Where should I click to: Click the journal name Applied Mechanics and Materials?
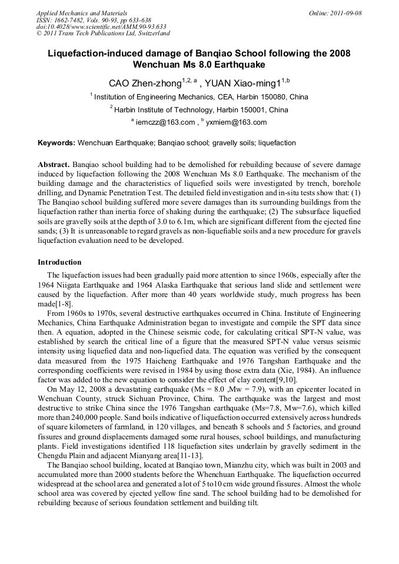[x=82, y=13]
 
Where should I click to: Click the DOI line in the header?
[x=101, y=26]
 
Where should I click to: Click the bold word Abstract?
[x=54, y=165]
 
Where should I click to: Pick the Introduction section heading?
[x=59, y=262]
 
